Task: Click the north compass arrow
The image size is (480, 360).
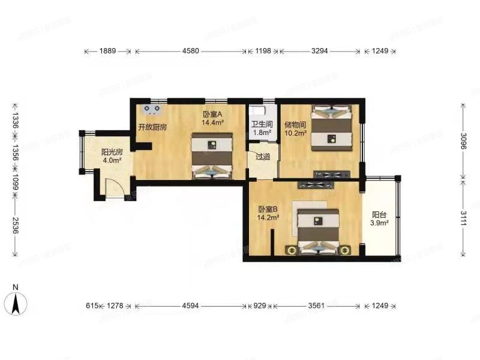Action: pos(17,299)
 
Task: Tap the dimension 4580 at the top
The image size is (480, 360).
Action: pos(190,52)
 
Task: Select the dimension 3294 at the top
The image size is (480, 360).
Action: pos(319,52)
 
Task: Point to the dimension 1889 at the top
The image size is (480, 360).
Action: pos(108,52)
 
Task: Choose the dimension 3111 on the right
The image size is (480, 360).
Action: pos(464,216)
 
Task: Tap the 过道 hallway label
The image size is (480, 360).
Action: pos(262,157)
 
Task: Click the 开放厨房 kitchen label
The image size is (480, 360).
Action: pos(152,127)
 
